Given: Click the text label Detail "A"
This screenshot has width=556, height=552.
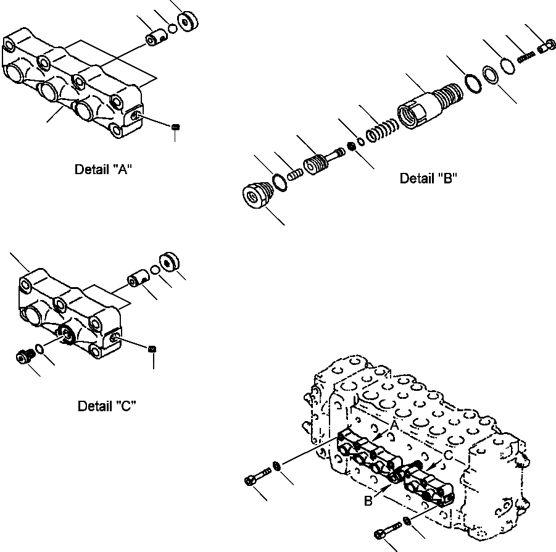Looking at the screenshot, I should coord(103,169).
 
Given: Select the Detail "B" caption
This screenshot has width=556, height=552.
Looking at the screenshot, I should coord(428,178).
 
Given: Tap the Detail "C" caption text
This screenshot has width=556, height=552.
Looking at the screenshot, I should coord(106,406).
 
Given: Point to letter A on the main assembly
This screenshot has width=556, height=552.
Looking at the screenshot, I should coord(392,424).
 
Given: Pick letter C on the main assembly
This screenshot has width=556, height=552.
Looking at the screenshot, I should coord(449,454).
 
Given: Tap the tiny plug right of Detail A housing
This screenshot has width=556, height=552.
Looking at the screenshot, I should coord(176,127).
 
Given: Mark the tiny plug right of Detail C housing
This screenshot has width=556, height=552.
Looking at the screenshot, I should coord(152,349).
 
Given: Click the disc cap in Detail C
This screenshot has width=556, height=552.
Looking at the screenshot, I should coord(168,262).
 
